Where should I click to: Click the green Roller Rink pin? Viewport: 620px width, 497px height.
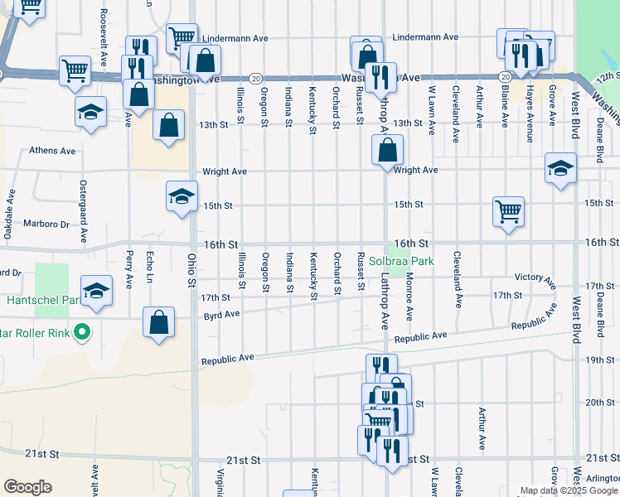(81, 334)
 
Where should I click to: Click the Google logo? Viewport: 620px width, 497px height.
(27, 487)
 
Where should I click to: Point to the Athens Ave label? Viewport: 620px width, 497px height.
(52, 151)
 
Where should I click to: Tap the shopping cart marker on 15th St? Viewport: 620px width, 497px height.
(508, 210)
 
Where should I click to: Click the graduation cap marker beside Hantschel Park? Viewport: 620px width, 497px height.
(96, 291)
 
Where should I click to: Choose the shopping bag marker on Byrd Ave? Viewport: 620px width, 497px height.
(158, 323)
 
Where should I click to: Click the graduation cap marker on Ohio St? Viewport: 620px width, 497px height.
(182, 197)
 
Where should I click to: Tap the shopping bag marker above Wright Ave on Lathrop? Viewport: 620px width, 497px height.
(387, 151)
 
